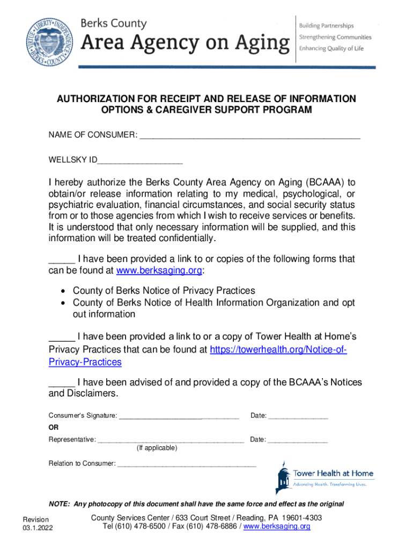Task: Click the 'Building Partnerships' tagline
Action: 326,26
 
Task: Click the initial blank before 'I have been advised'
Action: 62,382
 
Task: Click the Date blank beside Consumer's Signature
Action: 298,416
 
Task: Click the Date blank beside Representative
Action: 298,440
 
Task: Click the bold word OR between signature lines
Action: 54,428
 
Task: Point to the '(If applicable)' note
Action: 157,448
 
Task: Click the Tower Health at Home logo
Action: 324,476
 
